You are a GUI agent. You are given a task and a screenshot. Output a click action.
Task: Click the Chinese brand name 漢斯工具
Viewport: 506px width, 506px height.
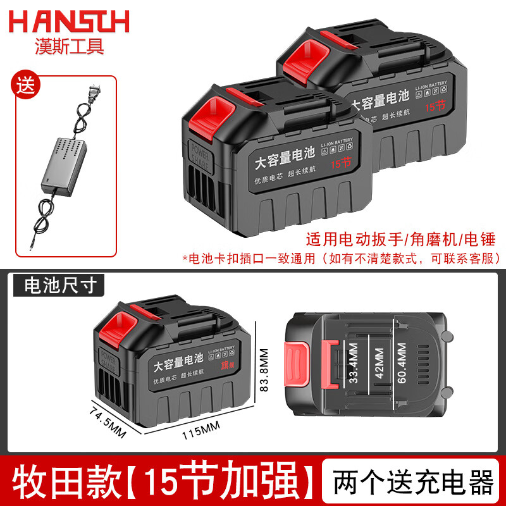pyautogui.click(x=69, y=46)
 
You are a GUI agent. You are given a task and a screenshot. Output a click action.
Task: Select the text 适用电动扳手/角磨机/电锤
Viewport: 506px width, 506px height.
pyautogui.click(x=399, y=240)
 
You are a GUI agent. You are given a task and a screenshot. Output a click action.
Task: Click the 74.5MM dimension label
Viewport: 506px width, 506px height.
pyautogui.click(x=108, y=420)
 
